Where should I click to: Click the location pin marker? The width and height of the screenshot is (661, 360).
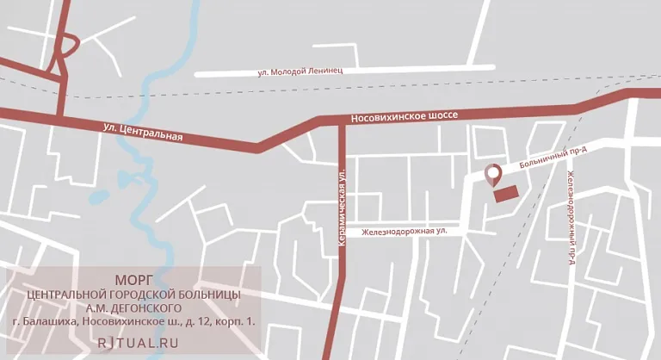point(493,175)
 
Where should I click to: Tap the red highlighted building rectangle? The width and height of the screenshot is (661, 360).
point(506,193)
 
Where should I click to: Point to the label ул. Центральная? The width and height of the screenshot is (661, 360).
point(143,132)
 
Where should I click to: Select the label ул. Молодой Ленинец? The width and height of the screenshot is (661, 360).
point(300,71)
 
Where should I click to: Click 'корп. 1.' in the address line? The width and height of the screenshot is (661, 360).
point(232,322)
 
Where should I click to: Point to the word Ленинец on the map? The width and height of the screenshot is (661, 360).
point(325,71)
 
